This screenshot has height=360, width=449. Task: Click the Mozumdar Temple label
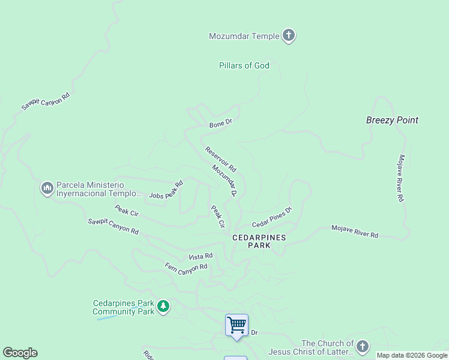click(244, 36)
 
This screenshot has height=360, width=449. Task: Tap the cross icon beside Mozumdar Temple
click(289, 36)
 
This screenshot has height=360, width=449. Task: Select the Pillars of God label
click(244, 65)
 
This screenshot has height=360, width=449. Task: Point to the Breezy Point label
click(392, 120)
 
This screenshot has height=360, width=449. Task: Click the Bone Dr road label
click(220, 124)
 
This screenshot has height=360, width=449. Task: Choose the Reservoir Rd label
click(220, 159)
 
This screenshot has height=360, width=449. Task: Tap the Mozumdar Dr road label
click(225, 181)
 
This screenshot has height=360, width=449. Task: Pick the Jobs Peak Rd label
click(166, 190)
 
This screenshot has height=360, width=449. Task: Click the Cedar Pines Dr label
click(271, 217)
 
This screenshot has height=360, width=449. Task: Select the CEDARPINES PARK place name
click(259, 241)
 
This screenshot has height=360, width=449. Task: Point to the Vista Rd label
click(200, 256)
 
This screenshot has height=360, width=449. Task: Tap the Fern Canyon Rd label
click(186, 266)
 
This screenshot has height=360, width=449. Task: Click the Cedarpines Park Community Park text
click(123, 307)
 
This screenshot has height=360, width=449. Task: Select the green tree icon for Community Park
click(163, 307)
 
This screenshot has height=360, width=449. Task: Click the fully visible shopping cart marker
click(237, 325)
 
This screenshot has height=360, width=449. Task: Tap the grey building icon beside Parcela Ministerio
click(47, 189)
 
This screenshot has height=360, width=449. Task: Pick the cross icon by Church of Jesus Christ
click(362, 347)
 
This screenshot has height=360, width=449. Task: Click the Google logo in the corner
click(20, 353)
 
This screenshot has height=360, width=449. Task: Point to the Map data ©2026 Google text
click(412, 355)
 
